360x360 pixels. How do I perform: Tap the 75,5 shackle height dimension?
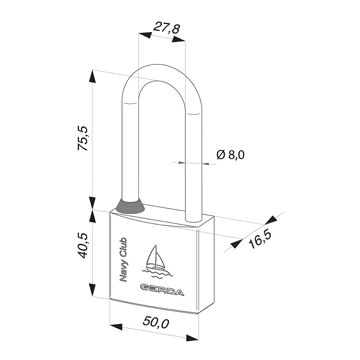point(82,138)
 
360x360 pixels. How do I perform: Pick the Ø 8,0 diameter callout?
point(230,155)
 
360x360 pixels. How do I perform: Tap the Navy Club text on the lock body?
point(123,260)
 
